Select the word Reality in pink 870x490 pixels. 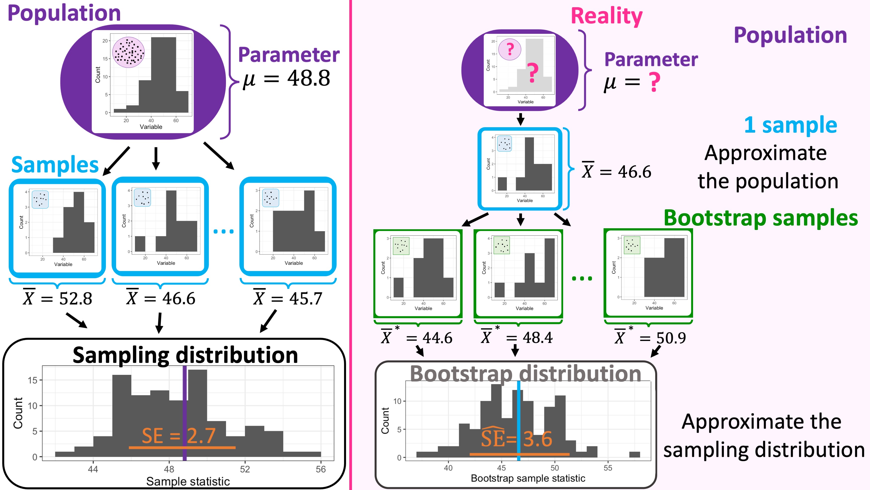607,16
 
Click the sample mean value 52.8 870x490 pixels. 75,299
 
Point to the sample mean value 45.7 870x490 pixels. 306,299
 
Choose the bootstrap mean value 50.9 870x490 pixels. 671,338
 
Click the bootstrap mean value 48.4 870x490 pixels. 537,338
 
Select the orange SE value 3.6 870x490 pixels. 538,438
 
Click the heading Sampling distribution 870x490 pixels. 185,355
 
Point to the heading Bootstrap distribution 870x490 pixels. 525,374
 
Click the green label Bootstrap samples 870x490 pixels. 761,218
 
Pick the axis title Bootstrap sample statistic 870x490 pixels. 528,479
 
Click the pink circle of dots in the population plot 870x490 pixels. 128,53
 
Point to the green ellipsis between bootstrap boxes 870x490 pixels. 582,279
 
